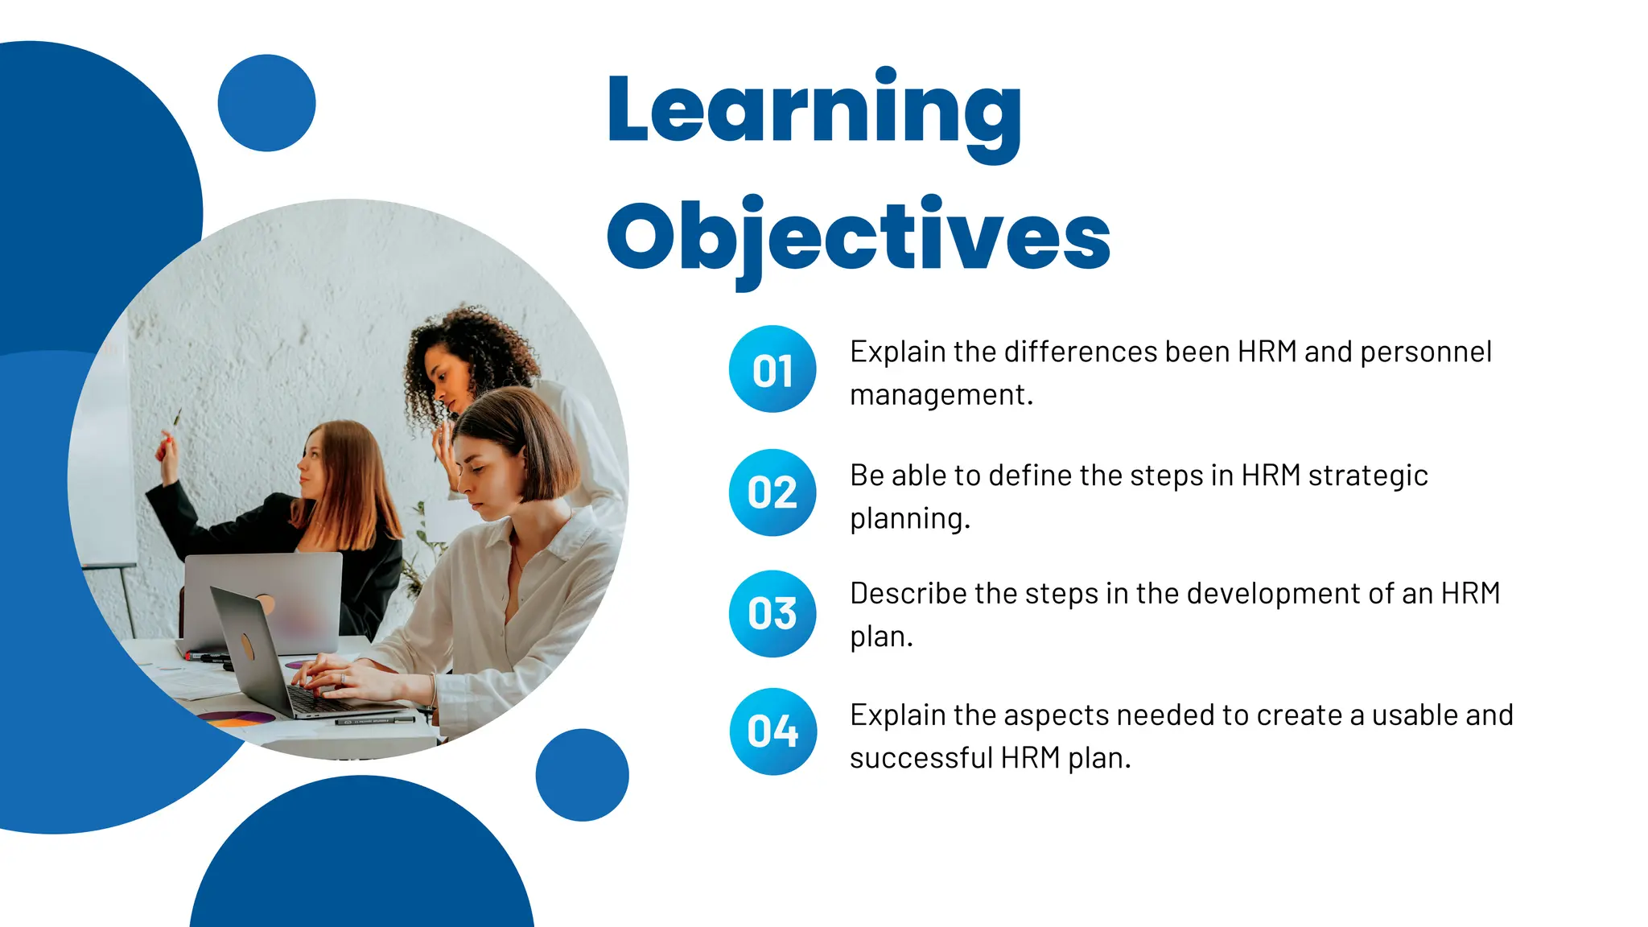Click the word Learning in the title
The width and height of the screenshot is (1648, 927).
(x=814, y=109)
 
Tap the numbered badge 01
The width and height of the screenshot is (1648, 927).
(x=772, y=369)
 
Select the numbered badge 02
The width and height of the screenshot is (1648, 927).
(x=772, y=492)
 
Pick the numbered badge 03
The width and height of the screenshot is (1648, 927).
(x=772, y=614)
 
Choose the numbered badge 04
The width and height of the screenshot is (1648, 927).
(x=772, y=731)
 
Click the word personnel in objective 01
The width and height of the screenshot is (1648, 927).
(x=1426, y=352)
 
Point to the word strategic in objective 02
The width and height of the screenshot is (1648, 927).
(x=1368, y=476)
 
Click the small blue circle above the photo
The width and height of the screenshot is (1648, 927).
(x=266, y=103)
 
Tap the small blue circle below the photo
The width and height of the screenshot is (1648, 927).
(x=582, y=775)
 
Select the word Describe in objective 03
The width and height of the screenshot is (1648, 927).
(x=908, y=594)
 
